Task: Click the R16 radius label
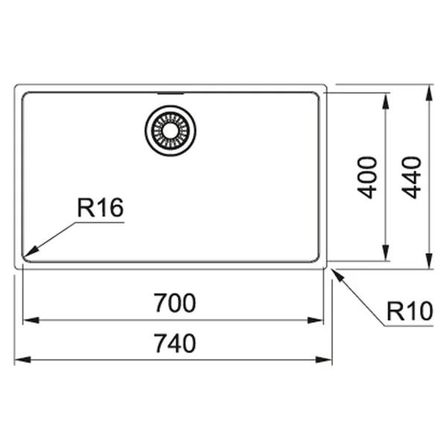(x=101, y=207)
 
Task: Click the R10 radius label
(x=410, y=311)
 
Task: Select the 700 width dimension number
(x=175, y=302)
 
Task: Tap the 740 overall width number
(x=175, y=343)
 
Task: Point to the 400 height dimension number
(x=367, y=177)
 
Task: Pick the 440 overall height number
(x=411, y=177)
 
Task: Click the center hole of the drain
(x=170, y=130)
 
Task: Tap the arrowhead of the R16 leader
(x=31, y=251)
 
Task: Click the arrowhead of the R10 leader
(x=337, y=274)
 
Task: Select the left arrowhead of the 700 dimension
(x=31, y=320)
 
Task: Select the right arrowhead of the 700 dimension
(x=315, y=320)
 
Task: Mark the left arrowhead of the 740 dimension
(x=22, y=360)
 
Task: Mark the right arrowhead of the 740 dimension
(x=324, y=360)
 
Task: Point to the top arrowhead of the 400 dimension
(x=385, y=101)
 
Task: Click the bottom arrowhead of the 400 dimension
(x=385, y=253)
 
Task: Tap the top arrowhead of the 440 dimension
(x=428, y=93)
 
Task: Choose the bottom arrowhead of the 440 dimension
(x=428, y=261)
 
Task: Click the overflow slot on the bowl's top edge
(x=171, y=93)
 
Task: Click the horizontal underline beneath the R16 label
(x=100, y=222)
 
